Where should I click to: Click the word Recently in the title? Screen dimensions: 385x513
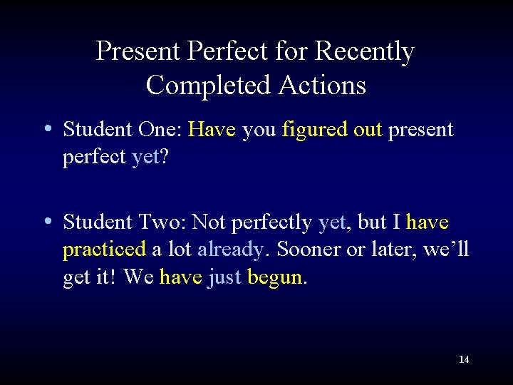(364, 51)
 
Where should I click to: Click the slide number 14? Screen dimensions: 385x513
(464, 359)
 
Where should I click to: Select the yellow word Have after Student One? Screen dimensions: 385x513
(212, 130)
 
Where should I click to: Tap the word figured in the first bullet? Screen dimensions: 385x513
(311, 130)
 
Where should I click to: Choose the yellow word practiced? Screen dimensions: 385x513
(104, 250)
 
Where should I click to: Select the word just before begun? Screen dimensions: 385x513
(224, 277)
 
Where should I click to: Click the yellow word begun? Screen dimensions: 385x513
(275, 277)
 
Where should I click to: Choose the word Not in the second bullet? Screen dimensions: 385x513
(208, 222)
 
